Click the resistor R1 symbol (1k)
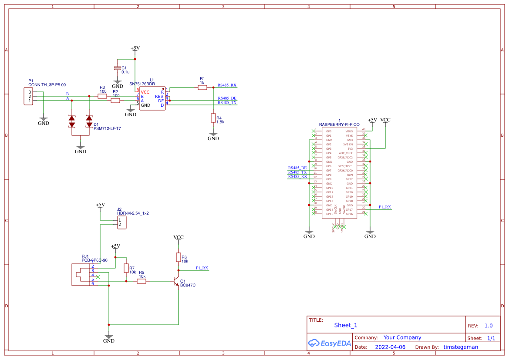click(x=202, y=87)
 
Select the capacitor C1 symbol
click(x=117, y=68)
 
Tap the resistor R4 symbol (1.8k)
click(x=213, y=118)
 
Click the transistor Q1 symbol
click(x=177, y=281)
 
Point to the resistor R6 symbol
click(x=178, y=257)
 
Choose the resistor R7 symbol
click(x=126, y=268)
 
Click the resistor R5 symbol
click(x=142, y=281)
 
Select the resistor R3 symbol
click(x=102, y=96)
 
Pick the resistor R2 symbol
click(x=115, y=101)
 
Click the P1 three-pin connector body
click(x=28, y=96)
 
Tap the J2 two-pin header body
click(x=121, y=222)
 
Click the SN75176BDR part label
click(x=142, y=84)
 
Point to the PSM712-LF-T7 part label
click(x=107, y=129)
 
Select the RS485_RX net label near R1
click(x=227, y=85)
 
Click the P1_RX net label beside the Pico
click(x=384, y=207)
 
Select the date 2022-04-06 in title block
click(x=390, y=347)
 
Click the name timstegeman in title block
click(x=460, y=347)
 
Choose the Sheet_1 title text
click(x=345, y=325)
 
